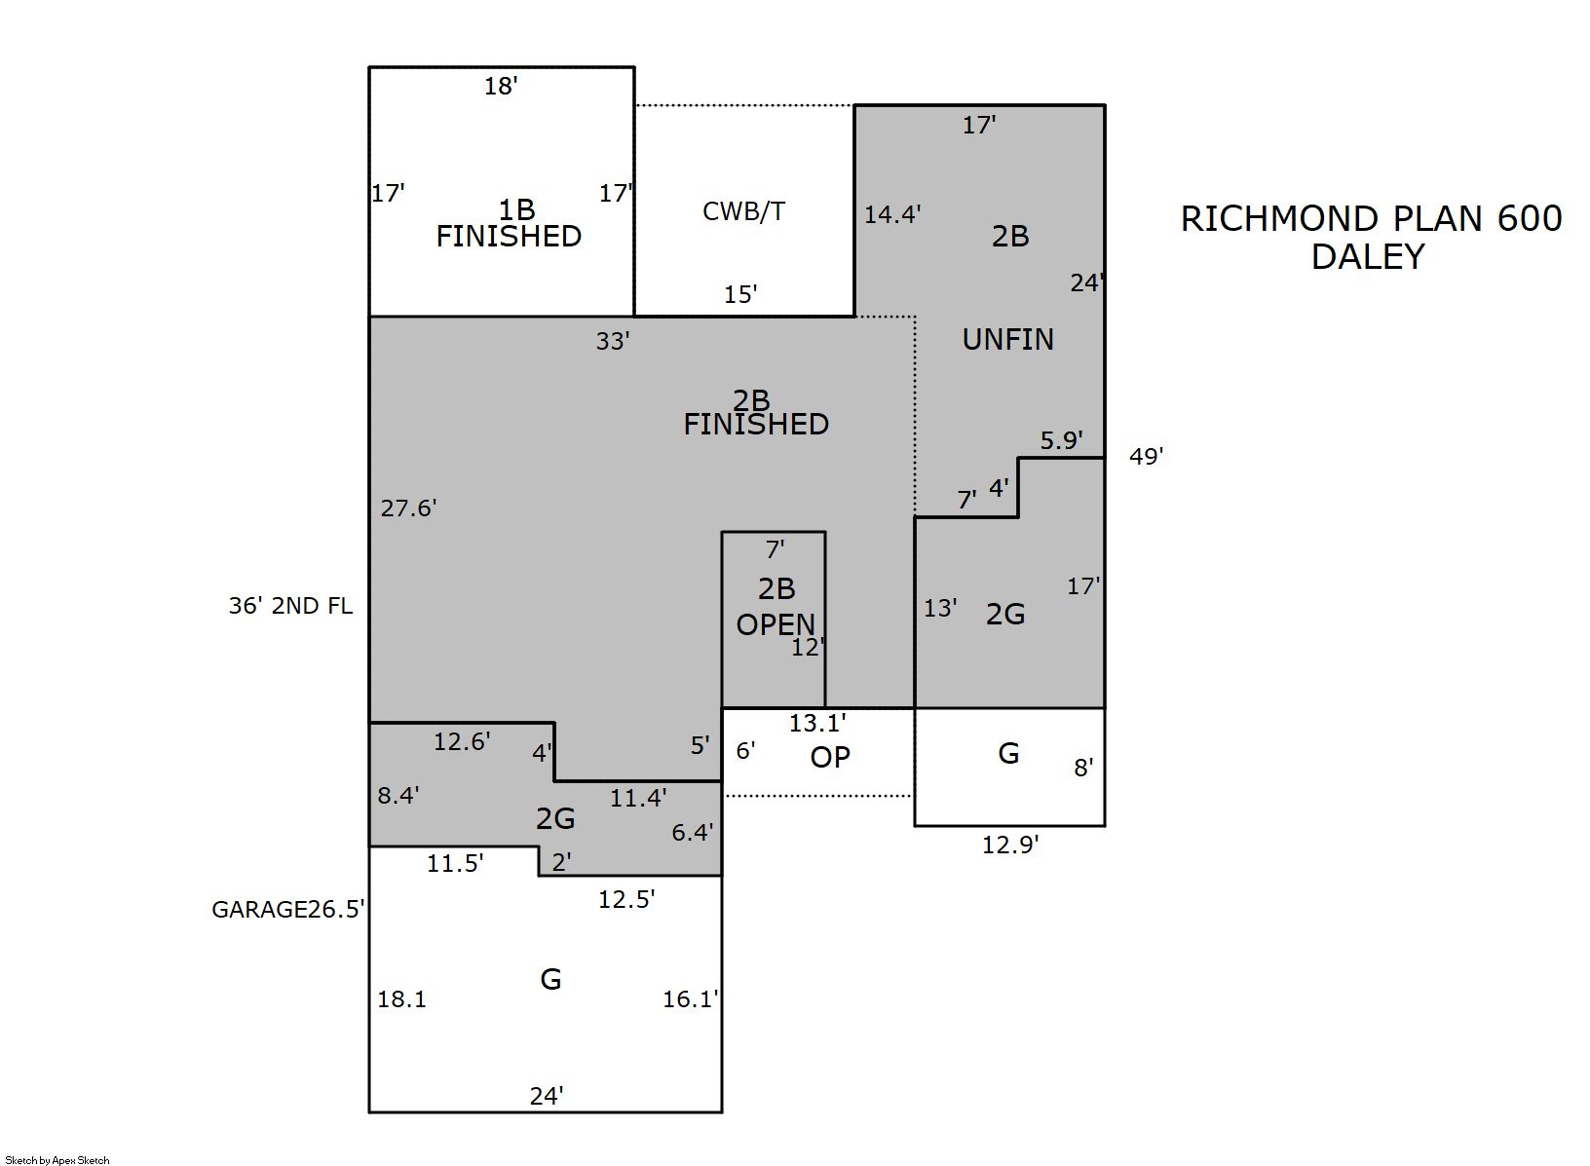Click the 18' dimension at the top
pos(501,87)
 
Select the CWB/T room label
pos(744,211)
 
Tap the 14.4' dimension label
pos(892,214)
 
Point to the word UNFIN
pos(1008,340)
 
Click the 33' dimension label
pos(613,341)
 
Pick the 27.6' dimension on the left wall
pos(409,508)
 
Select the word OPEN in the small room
pos(776,625)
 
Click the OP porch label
pos(830,758)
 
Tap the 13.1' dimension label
pos(817,723)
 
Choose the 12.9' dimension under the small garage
pos(1010,846)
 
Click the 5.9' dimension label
pos(1062,440)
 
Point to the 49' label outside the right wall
pos(1147,456)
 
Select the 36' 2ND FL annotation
pos(290,606)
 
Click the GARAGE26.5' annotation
pos(288,910)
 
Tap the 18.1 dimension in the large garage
pos(401,1000)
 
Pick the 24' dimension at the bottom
pos(547,1097)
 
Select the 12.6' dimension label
pos(462,742)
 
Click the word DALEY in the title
pos(1368,257)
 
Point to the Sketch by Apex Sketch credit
pos(57,1160)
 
